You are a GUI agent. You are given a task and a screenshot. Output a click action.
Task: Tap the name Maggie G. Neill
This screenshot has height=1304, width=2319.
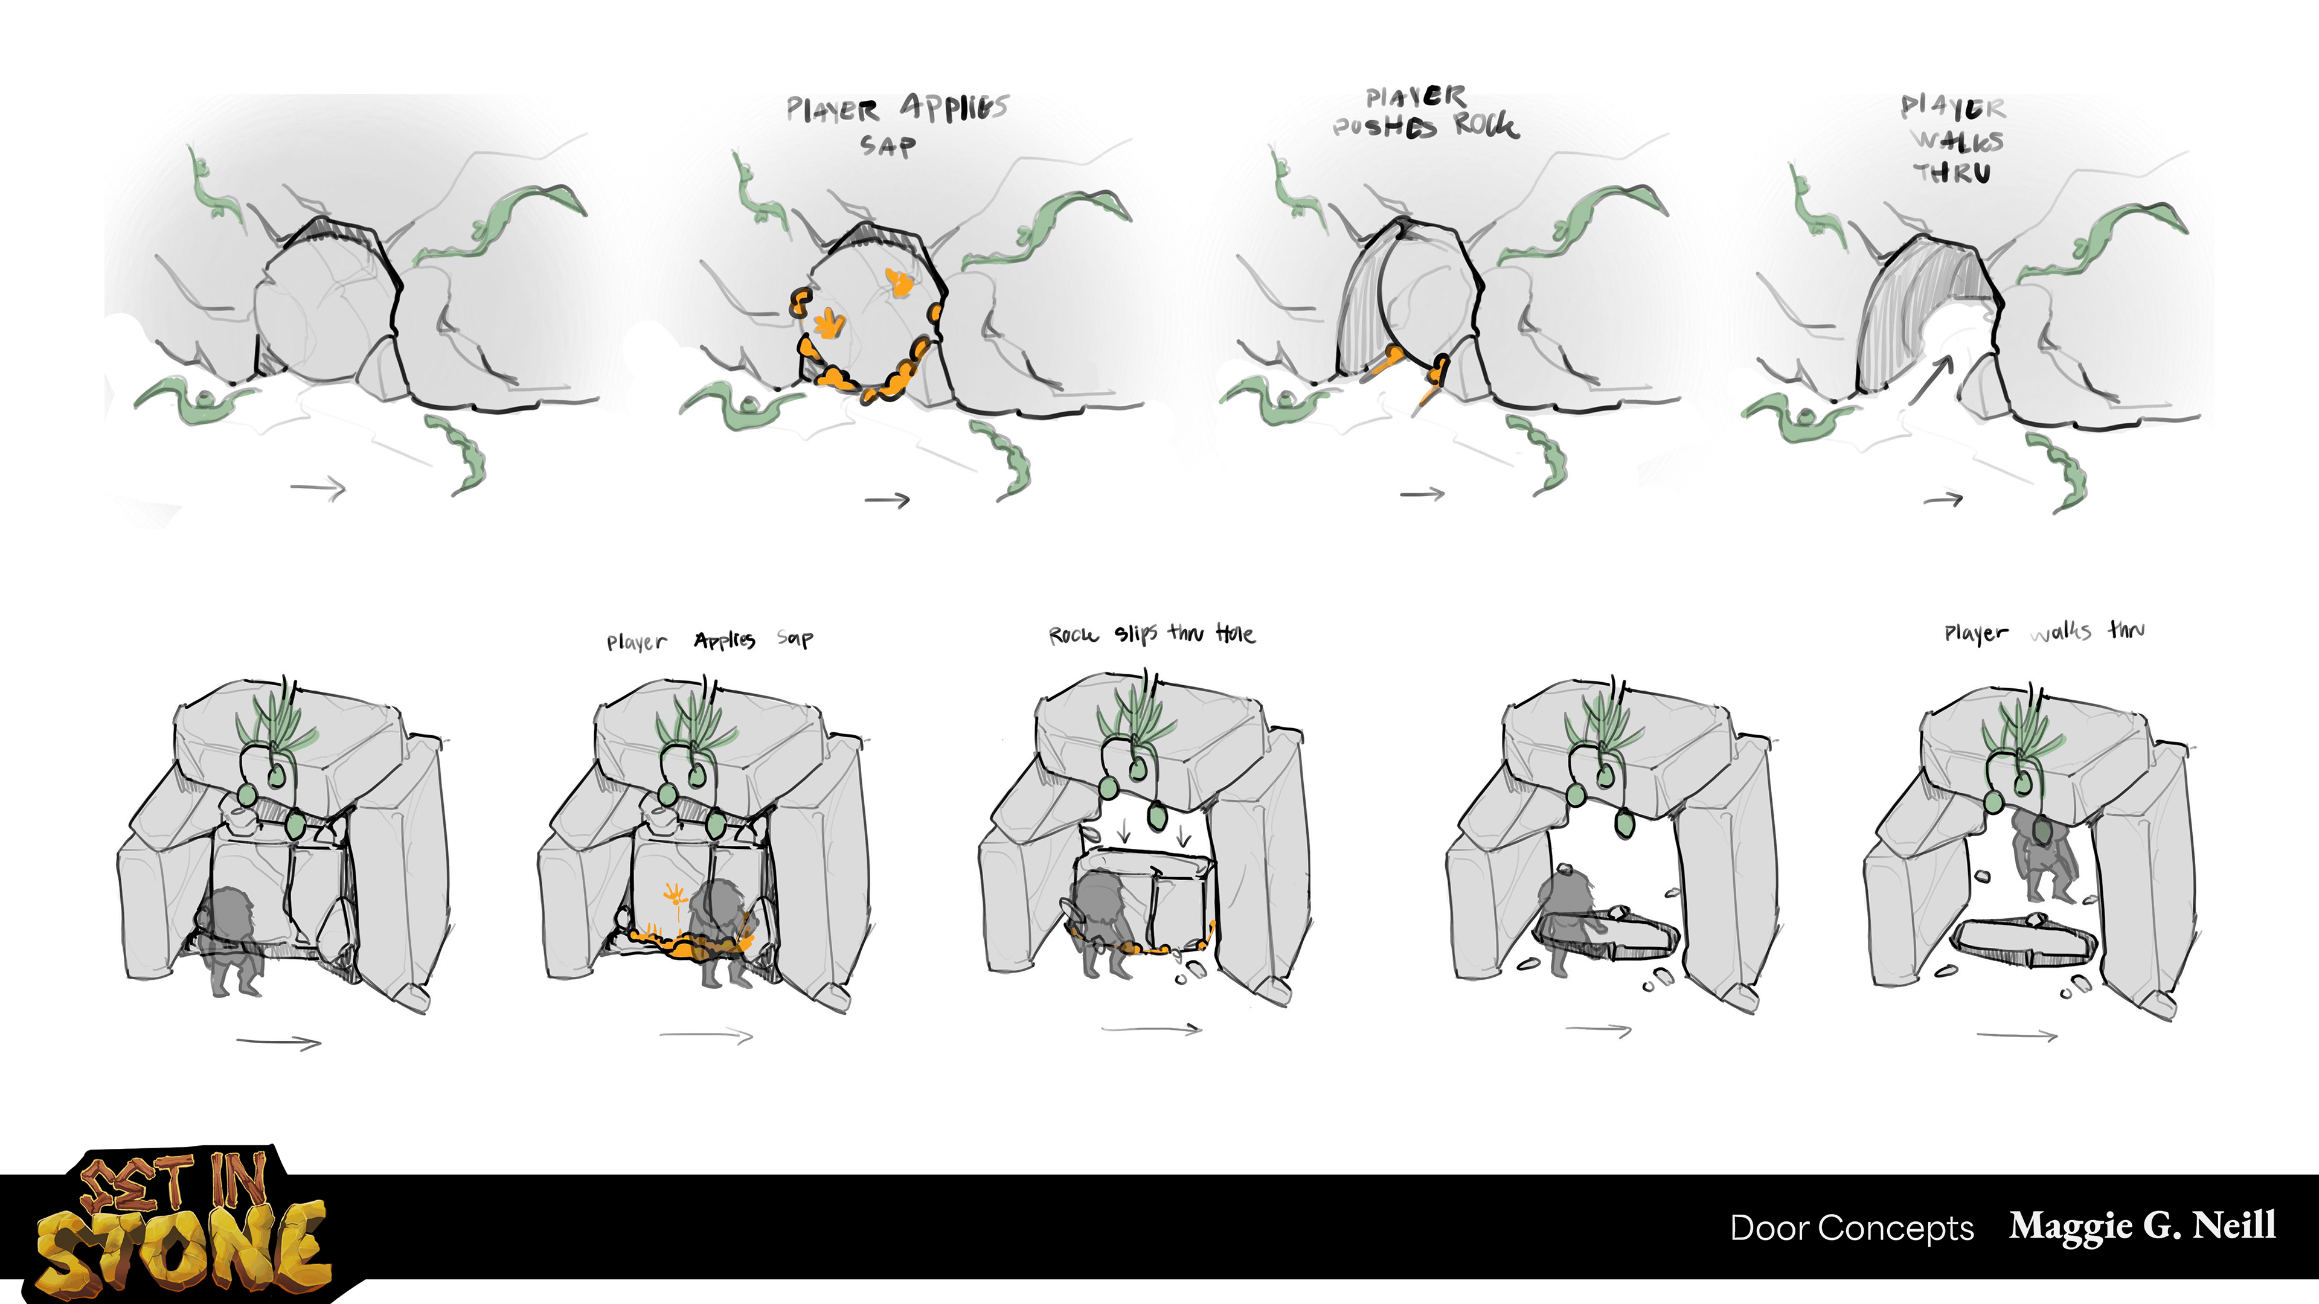2143,1226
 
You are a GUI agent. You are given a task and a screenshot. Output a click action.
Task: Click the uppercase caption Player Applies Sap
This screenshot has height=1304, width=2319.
896,123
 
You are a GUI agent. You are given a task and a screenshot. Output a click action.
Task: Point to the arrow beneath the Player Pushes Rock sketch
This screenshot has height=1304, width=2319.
1422,493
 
